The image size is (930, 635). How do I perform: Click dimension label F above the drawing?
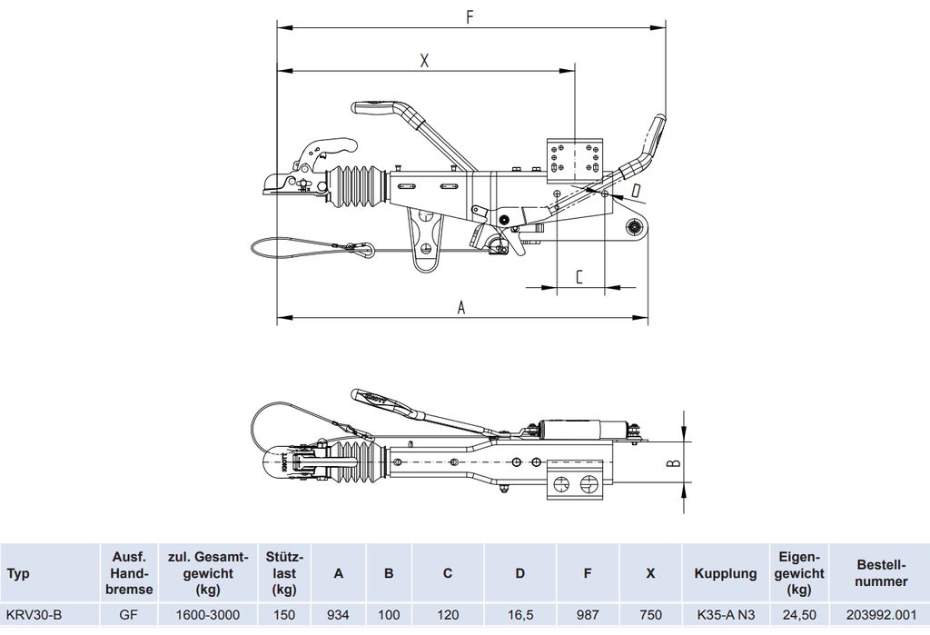pyautogui.click(x=470, y=17)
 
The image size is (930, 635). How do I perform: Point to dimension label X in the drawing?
pyautogui.click(x=424, y=60)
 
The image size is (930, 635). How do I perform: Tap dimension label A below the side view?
pyautogui.click(x=461, y=307)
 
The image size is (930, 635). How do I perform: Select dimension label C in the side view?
pyautogui.click(x=579, y=276)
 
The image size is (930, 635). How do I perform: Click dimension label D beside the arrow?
pyautogui.click(x=635, y=191)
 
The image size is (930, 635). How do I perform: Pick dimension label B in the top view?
pyautogui.click(x=674, y=462)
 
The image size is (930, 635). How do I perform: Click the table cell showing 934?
pyautogui.click(x=338, y=615)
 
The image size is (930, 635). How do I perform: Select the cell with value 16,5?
pyautogui.click(x=519, y=615)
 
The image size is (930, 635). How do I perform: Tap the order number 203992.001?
pyautogui.click(x=881, y=615)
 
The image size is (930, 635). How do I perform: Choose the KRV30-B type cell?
pyautogui.click(x=34, y=615)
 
